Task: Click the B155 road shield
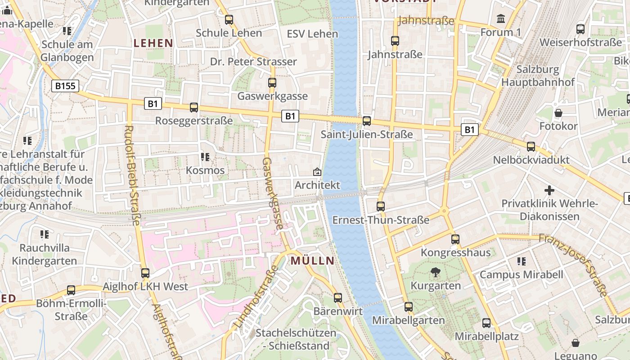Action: tap(65, 86)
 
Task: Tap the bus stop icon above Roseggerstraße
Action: tap(194, 108)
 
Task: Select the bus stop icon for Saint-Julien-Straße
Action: tap(367, 121)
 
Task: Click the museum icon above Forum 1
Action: tap(500, 19)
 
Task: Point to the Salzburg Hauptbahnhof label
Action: tap(538, 76)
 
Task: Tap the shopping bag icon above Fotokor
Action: tap(558, 112)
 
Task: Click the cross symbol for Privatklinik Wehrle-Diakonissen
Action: tap(549, 190)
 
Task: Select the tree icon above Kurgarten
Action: tap(435, 272)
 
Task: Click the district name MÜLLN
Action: tap(312, 261)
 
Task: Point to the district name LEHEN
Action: tap(153, 43)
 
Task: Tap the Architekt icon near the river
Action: tap(317, 172)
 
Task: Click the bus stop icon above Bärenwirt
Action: tap(338, 297)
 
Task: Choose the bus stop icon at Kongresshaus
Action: tap(455, 239)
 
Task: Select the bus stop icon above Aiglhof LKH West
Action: tap(145, 273)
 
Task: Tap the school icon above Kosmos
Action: tap(205, 157)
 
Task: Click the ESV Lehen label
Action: tap(312, 34)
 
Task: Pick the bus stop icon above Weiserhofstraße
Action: tap(580, 29)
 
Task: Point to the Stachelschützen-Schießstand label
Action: tap(296, 339)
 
